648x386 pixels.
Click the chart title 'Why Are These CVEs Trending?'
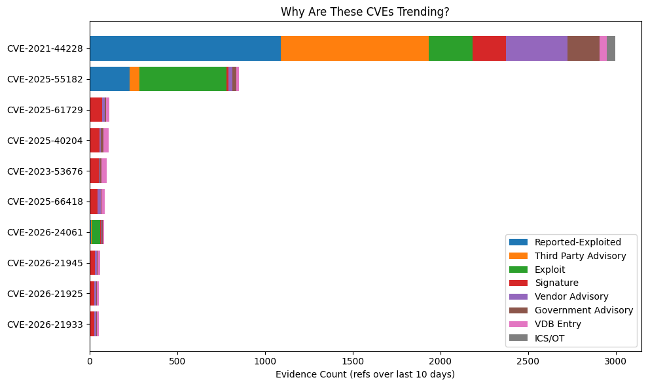click(x=365, y=12)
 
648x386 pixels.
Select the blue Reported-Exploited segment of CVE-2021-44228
click(x=185, y=48)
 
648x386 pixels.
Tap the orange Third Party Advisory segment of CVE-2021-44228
click(x=355, y=48)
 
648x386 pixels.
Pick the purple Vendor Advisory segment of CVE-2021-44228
click(x=537, y=48)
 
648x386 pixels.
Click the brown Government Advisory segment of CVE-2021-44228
click(x=583, y=48)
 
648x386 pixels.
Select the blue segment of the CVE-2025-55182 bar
click(x=109, y=79)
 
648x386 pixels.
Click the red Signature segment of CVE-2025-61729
click(x=96, y=110)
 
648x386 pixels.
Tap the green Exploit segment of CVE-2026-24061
click(x=96, y=232)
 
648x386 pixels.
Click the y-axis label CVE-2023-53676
click(x=45, y=171)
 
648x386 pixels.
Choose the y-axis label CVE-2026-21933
click(x=45, y=324)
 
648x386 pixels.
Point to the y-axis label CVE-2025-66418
click(x=45, y=202)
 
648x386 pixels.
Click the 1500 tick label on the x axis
click(x=352, y=360)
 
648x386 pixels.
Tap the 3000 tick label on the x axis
click(x=615, y=360)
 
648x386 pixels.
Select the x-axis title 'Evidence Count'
click(x=365, y=374)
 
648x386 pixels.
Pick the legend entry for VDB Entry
click(x=557, y=324)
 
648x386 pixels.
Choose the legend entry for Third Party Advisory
click(x=580, y=256)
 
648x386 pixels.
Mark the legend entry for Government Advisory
click(x=583, y=310)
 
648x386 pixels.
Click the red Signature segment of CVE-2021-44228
click(x=489, y=48)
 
